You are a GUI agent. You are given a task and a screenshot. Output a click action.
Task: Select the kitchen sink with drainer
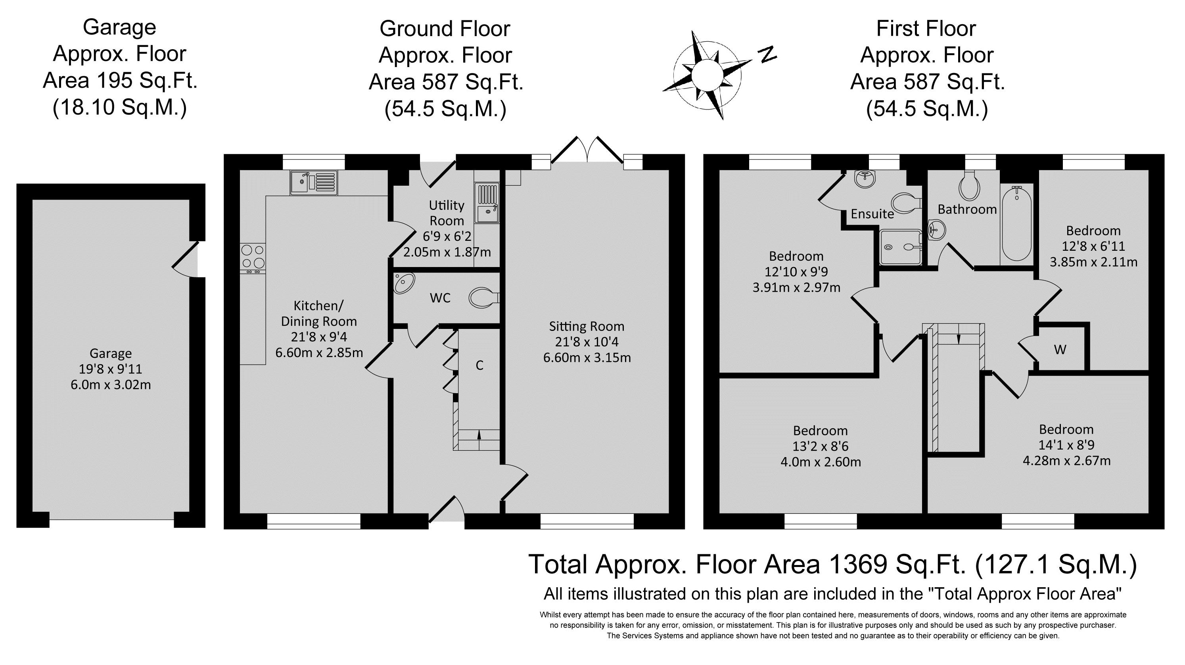tap(314, 182)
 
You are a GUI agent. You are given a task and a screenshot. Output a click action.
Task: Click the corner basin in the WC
tap(404, 282)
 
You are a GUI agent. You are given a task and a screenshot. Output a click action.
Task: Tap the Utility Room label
tap(446, 213)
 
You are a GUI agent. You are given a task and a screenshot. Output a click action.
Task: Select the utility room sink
tap(487, 203)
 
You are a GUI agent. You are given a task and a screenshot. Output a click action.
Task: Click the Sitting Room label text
tap(587, 326)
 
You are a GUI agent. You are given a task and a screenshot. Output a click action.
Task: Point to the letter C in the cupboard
tap(479, 365)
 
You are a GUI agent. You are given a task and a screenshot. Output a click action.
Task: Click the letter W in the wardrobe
tap(1060, 350)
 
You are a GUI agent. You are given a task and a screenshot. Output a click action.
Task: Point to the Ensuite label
tap(872, 213)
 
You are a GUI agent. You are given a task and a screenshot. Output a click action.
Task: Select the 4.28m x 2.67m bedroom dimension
tap(1066, 461)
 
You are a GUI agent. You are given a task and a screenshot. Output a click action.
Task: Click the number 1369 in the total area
tap(858, 564)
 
